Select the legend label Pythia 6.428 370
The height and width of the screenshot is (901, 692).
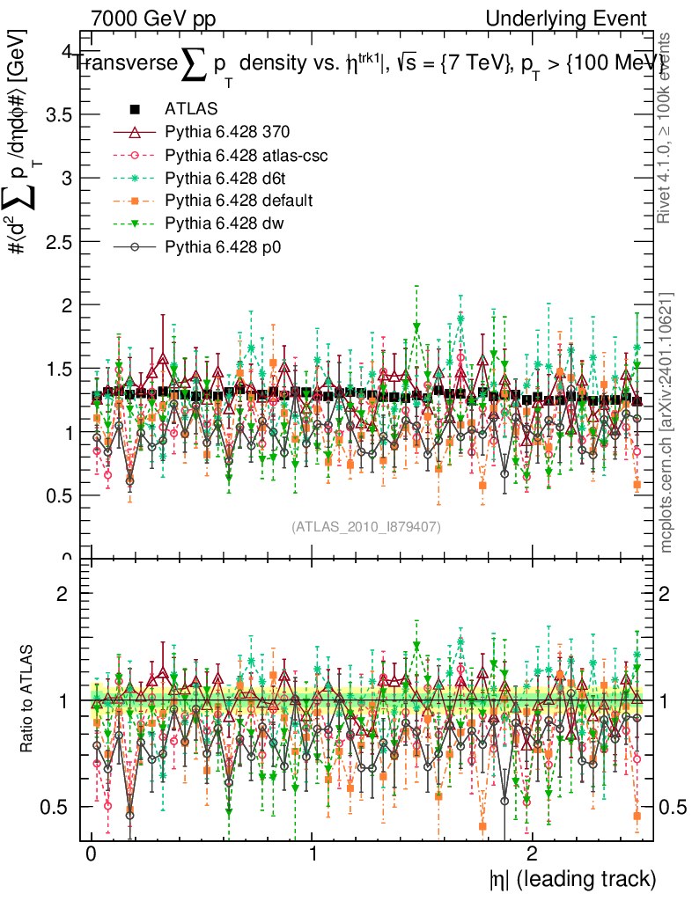point(227,132)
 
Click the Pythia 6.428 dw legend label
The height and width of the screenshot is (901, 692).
point(224,223)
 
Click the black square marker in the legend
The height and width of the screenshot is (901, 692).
point(135,109)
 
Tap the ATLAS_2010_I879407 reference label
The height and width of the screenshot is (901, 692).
point(366,527)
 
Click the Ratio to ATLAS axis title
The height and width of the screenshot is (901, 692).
point(28,700)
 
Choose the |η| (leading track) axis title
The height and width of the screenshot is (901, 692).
point(572,879)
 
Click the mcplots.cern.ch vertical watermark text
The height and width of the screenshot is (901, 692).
point(666,422)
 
